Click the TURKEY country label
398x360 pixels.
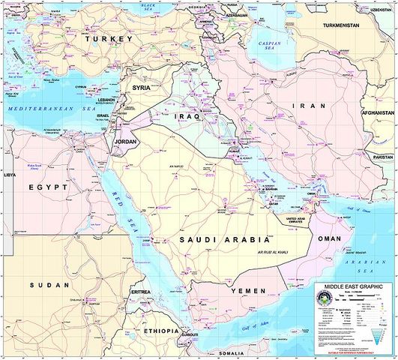point(108,38)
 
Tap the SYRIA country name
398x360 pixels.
point(143,88)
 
